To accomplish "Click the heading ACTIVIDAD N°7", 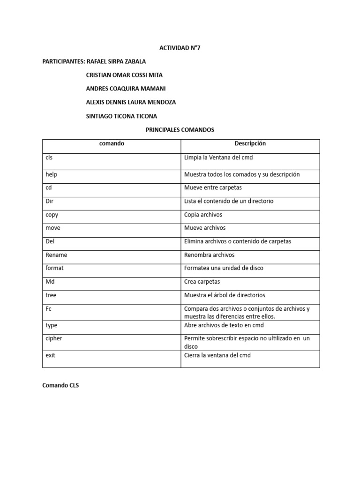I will (180, 48).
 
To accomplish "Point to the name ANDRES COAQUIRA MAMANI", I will (126, 89).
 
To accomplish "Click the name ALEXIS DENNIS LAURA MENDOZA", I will (131, 102).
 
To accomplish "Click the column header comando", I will (112, 144).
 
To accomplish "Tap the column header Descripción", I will (250, 144).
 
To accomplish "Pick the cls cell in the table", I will (49, 158).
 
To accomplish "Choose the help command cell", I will (52, 174).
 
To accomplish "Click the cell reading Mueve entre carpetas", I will (213, 187).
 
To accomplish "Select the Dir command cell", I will (50, 201).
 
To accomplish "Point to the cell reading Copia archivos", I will (203, 215).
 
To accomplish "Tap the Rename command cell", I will (56, 255).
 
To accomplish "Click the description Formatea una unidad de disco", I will (224, 268).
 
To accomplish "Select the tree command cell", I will (51, 295).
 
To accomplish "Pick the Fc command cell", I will (49, 309).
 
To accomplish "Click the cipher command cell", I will (54, 338).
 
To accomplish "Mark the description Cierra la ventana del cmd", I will (217, 355).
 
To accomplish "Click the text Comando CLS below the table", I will (60, 385).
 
